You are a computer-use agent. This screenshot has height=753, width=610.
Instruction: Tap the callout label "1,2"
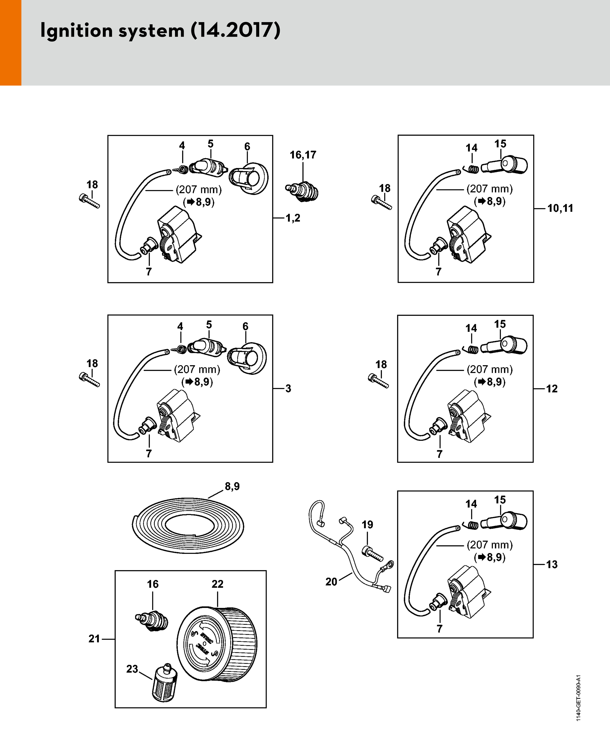pos(293,218)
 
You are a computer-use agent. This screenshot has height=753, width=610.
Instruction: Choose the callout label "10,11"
pos(560,208)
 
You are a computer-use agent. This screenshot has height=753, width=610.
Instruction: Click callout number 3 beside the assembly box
pos(288,389)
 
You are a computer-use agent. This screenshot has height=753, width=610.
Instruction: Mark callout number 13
pos(552,565)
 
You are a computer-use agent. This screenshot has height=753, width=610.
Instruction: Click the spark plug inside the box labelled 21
pos(152,621)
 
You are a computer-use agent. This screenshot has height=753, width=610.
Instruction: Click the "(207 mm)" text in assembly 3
pos(197,369)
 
